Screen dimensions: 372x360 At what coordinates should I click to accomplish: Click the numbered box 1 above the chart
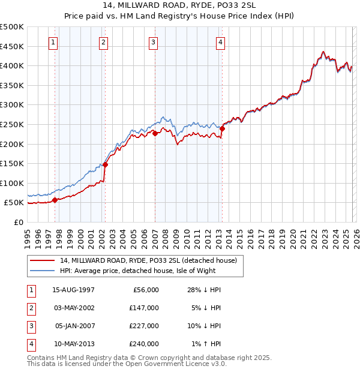click(x=54, y=42)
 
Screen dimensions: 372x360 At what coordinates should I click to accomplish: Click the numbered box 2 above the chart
click(x=104, y=42)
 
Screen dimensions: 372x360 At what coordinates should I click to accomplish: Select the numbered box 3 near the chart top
click(x=154, y=42)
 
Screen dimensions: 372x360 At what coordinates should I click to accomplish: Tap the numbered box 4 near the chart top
click(x=221, y=42)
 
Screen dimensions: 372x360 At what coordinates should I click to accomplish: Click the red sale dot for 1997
click(x=55, y=200)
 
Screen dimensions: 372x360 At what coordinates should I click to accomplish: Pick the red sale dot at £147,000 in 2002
click(x=105, y=164)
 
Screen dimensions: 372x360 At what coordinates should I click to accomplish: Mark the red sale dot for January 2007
click(x=155, y=134)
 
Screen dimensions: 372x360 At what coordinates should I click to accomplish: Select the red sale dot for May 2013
click(x=222, y=128)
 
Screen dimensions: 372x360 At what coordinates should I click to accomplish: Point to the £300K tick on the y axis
click(x=12, y=105)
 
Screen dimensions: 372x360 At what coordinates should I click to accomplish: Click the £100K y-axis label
click(x=12, y=183)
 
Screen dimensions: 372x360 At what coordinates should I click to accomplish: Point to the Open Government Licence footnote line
click(x=127, y=364)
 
